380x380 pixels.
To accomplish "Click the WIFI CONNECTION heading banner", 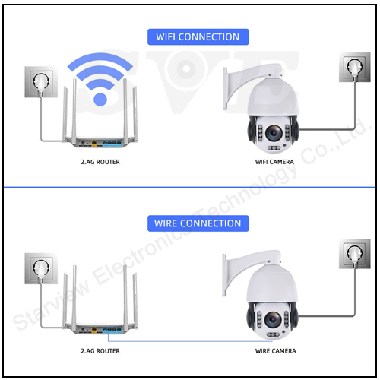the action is click(198, 37).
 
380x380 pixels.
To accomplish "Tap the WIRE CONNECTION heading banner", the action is click(198, 223).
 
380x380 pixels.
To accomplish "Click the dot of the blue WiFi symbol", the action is click(100, 100).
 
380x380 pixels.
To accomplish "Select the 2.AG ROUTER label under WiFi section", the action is click(100, 162).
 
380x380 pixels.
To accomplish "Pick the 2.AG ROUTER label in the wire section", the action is click(100, 351).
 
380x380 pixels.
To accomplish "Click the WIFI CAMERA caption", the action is click(274, 162).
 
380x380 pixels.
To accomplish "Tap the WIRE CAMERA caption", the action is click(276, 351).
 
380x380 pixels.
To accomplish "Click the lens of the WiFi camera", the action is click(274, 133).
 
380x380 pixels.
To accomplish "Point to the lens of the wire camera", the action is click(273, 320).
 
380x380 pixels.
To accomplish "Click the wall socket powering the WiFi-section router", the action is click(41, 82).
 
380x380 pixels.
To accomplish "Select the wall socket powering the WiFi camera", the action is click(355, 67).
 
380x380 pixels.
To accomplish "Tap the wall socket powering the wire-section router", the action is click(41, 268).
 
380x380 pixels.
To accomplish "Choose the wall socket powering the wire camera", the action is click(355, 254).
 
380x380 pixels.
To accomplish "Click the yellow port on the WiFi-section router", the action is click(94, 144).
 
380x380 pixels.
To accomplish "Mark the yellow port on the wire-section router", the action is click(94, 330).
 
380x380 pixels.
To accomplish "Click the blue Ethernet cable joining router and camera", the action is click(190, 341).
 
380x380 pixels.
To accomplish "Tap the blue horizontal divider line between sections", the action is click(189, 188).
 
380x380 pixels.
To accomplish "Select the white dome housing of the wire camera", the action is click(272, 283).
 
